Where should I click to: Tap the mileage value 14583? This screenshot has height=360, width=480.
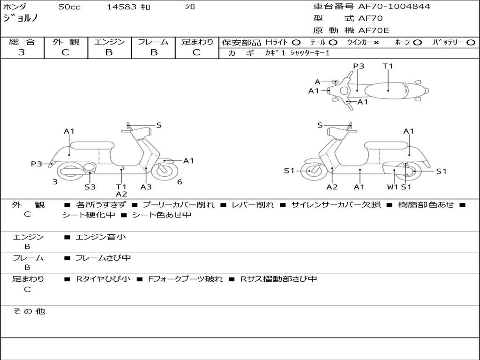click(x=121, y=7)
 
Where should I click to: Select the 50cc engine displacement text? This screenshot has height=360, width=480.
click(x=69, y=7)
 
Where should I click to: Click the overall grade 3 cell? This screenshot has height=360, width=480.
click(x=22, y=52)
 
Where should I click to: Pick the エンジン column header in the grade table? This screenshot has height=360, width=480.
click(x=109, y=42)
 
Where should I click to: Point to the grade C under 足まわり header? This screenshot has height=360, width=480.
click(x=196, y=52)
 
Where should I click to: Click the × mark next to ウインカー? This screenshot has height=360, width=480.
click(x=376, y=43)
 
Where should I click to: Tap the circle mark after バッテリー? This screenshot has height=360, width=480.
click(x=471, y=43)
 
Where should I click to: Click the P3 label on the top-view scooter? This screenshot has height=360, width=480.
click(x=359, y=66)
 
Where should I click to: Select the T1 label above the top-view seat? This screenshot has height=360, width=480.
click(x=388, y=66)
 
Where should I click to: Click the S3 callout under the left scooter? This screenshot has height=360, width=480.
click(x=90, y=187)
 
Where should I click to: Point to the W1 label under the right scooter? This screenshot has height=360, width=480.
click(x=392, y=187)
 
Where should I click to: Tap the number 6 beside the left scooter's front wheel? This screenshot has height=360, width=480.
click(x=180, y=182)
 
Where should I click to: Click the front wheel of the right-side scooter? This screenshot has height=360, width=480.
click(x=311, y=171)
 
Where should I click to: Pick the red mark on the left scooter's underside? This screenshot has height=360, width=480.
click(x=122, y=167)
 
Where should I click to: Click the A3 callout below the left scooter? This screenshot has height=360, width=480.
click(x=146, y=187)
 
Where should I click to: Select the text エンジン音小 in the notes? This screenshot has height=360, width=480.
click(x=101, y=237)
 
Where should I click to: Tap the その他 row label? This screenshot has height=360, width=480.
click(x=29, y=311)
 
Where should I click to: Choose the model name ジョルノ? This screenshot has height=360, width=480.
click(x=20, y=18)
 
